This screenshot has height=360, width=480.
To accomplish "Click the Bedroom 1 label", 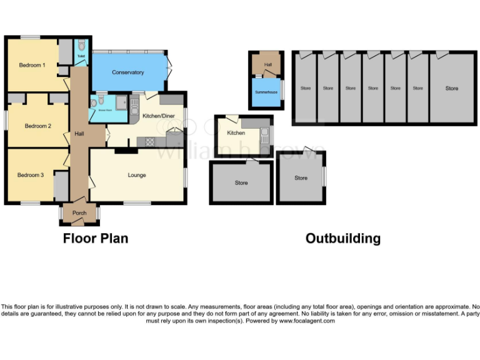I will coord(31,65).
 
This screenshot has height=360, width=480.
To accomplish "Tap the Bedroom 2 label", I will coord(37,126).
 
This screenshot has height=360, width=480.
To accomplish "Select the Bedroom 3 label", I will coord(30,175).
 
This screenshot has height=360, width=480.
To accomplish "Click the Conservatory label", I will coord(127,72).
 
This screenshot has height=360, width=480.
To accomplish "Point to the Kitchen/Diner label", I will coord(159,116).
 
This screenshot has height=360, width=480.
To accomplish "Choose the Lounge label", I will coord(137,175).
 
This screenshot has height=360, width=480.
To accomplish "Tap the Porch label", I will coord(79,213).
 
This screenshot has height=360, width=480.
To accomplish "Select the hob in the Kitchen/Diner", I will coord(151,142).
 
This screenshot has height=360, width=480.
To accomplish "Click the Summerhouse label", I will coord(265,92).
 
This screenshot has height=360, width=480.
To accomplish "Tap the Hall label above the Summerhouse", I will coord(267,64).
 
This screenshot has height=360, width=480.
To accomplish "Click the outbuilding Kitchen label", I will coord(236,133).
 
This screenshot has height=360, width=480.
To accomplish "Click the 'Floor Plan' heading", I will coord(96,239).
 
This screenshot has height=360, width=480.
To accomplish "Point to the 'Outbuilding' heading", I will coord(342,239).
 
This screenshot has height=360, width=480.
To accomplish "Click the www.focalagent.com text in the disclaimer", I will coord(306,321).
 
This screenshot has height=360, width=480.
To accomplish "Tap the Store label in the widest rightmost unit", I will coord(451,89).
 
